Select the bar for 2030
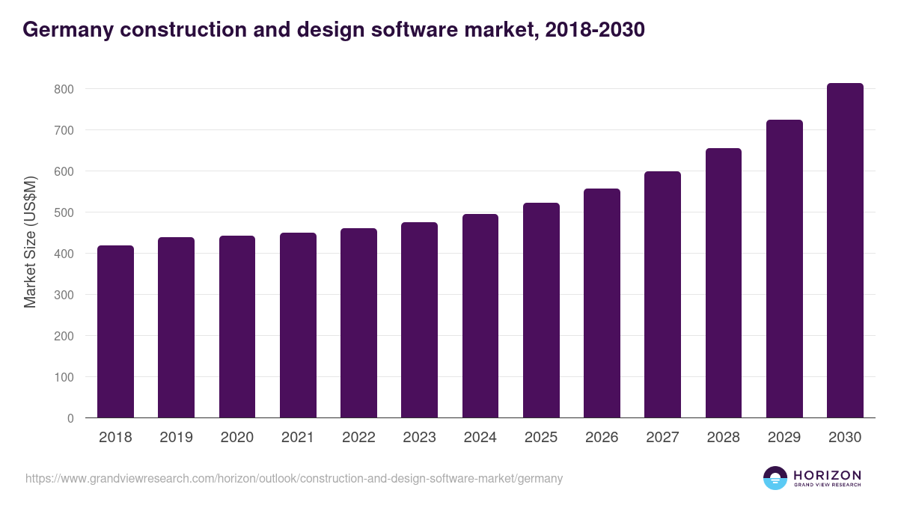point(845,251)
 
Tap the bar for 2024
point(480,316)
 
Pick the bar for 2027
point(662,295)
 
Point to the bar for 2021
point(298,325)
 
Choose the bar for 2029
point(784,269)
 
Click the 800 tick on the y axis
point(64,89)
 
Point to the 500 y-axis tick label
point(64,212)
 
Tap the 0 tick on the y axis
point(70,418)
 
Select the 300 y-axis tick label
point(64,295)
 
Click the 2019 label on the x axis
point(176,438)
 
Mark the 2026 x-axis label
point(602,438)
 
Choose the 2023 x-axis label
point(419,438)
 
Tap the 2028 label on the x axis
point(723,438)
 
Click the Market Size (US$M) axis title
point(30,242)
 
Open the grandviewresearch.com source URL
point(293,478)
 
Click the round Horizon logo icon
point(775,478)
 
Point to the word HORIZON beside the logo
point(827,475)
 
